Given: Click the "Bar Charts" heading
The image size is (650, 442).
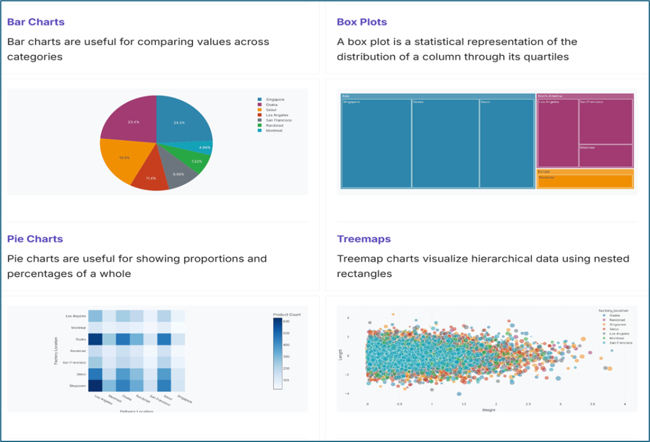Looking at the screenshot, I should click(x=36, y=22).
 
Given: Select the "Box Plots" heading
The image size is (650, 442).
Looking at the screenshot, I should click(x=361, y=22).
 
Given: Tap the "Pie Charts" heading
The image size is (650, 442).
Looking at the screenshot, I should click(x=35, y=239).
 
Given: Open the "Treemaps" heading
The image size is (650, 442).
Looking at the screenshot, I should click(x=364, y=239).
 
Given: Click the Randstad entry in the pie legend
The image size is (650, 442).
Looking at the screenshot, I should click(x=275, y=125).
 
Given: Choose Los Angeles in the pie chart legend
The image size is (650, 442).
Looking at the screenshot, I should click(x=277, y=115).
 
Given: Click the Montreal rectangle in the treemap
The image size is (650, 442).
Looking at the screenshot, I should click(x=606, y=156).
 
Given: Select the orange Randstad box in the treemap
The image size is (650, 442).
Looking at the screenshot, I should click(x=585, y=181).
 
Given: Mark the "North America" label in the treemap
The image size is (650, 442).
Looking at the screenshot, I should click(x=550, y=96).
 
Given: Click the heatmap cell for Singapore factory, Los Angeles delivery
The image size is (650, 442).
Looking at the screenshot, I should click(x=95, y=385).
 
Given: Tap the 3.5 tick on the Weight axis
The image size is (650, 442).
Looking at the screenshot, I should click(x=593, y=404).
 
